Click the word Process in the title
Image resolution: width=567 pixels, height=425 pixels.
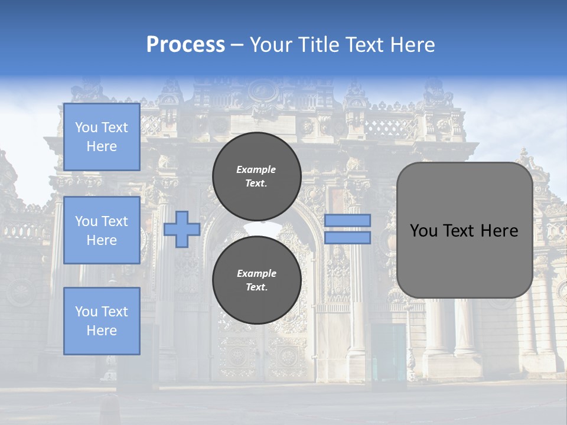185,45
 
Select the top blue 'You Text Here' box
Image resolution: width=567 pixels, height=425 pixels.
102,137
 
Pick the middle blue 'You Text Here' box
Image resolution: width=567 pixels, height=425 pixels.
102,230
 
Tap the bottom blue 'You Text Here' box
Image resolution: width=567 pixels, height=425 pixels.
102,321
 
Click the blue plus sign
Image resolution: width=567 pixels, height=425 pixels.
182,230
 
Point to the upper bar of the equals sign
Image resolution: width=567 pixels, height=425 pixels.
347,220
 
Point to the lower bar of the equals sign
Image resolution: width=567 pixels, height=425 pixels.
347,238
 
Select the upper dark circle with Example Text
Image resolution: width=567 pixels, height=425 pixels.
256,176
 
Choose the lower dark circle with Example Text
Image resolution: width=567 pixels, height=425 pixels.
256,280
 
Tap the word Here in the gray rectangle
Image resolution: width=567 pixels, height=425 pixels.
500,231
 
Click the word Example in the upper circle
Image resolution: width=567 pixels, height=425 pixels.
256,169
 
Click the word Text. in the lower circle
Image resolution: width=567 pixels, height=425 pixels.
256,287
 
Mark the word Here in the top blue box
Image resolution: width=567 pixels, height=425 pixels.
102,146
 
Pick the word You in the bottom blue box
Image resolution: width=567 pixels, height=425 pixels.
86,312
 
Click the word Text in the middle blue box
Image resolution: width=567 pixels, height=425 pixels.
115,221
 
